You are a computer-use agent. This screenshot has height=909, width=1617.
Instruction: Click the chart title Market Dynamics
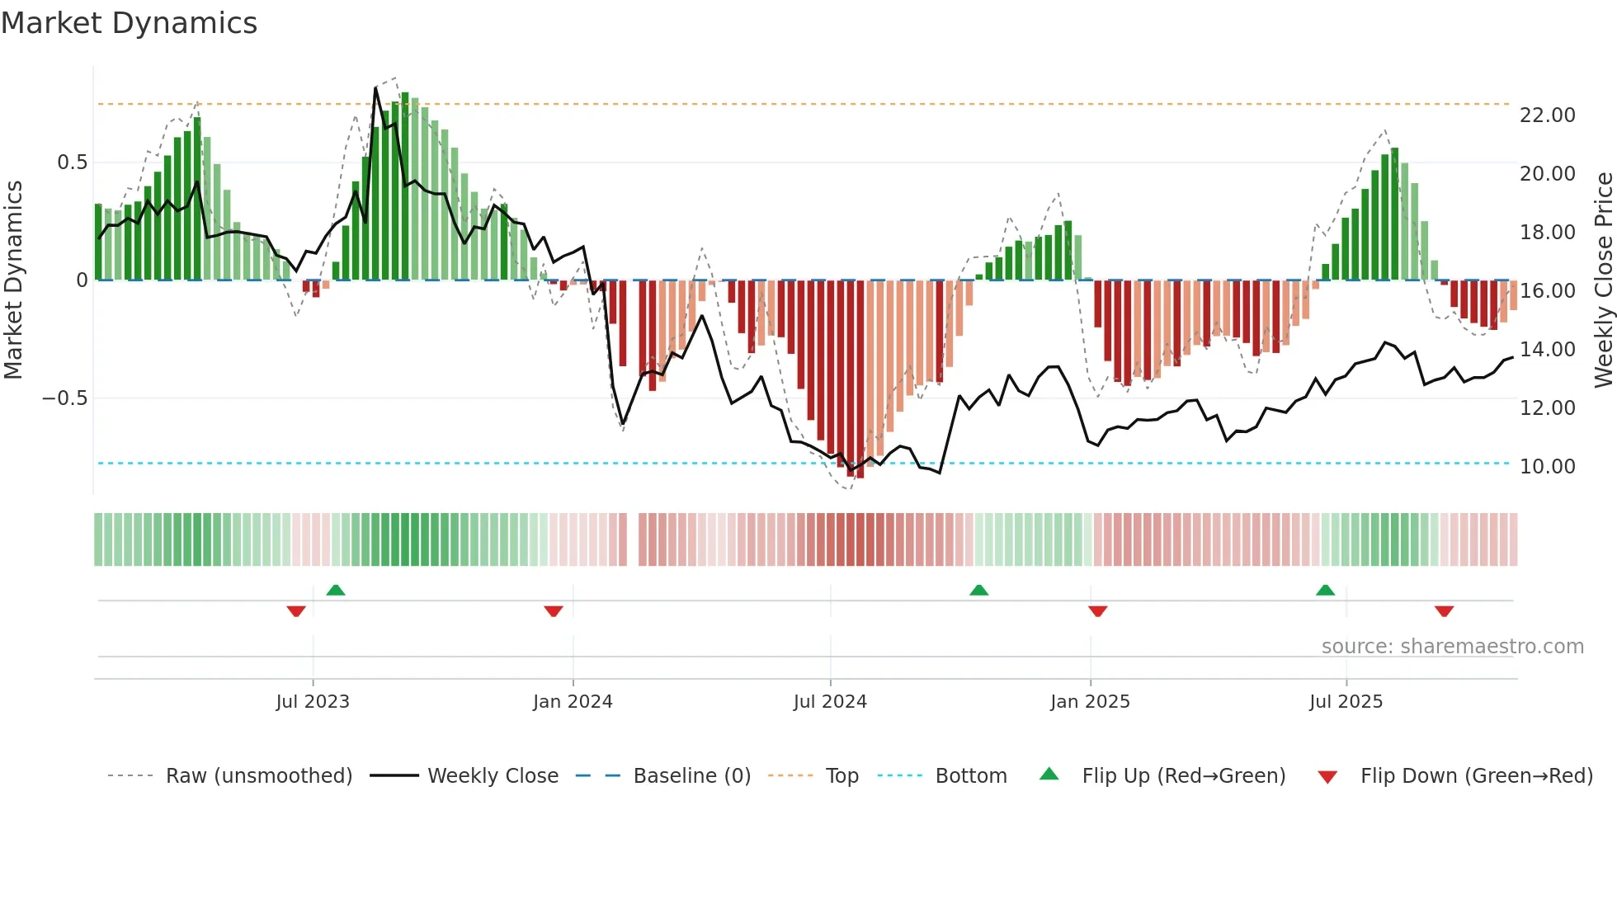point(129,23)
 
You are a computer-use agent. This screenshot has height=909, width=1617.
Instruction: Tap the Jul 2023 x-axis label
point(313,702)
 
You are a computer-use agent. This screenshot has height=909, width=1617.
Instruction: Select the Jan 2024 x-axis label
point(573,702)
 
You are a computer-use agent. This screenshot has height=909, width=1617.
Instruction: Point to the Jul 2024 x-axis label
point(830,702)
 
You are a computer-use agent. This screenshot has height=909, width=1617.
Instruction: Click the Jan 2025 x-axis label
point(1090,702)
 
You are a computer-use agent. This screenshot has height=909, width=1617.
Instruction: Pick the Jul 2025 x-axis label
point(1346,702)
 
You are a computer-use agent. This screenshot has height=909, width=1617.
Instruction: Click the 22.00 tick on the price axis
point(1547,115)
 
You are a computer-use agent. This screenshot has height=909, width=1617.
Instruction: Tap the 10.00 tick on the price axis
point(1547,467)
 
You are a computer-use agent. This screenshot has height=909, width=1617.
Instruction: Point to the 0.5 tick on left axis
point(73,162)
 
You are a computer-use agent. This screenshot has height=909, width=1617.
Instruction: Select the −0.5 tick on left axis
point(65,398)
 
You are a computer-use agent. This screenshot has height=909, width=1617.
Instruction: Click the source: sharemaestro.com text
point(1452,647)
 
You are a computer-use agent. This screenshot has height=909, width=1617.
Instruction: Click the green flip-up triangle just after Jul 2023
point(336,590)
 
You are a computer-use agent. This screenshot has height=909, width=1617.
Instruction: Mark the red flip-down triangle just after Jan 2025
point(1097,611)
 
